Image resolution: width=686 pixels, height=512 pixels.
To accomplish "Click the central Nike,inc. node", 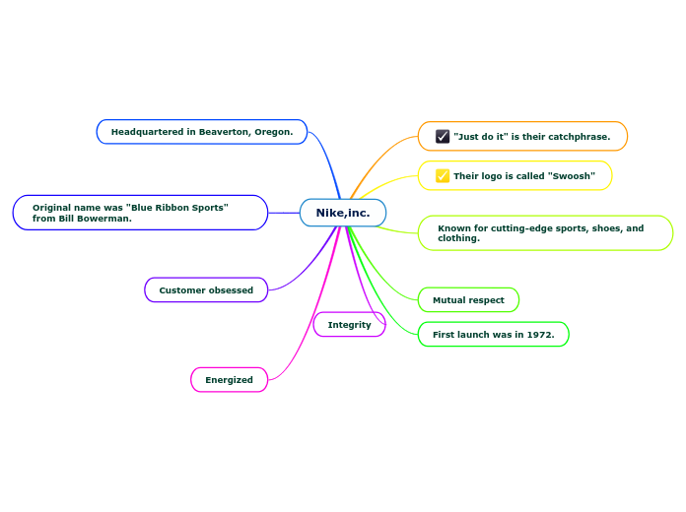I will point(342,213).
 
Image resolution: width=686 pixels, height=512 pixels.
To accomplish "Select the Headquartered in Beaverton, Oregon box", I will point(202,132).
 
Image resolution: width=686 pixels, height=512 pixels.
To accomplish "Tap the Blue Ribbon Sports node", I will point(140,213).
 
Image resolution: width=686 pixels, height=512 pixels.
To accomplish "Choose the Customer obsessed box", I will point(206,290).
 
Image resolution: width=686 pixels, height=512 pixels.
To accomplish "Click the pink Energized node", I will point(229,380).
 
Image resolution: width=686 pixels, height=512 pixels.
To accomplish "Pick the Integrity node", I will point(349,325).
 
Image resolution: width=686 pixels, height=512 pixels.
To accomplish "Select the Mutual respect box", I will point(468,300).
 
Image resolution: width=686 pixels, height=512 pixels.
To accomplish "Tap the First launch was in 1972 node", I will point(493,335).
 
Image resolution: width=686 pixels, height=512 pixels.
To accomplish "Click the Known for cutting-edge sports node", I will point(545,233).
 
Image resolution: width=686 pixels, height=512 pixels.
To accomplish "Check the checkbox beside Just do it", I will point(443,137).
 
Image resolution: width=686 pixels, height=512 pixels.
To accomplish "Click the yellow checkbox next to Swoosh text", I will point(443,176).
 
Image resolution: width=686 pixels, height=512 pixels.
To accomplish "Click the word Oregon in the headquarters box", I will point(271,132).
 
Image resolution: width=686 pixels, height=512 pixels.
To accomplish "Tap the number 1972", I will point(539,335).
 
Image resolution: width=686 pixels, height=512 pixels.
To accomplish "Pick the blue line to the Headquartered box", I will point(325,158).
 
